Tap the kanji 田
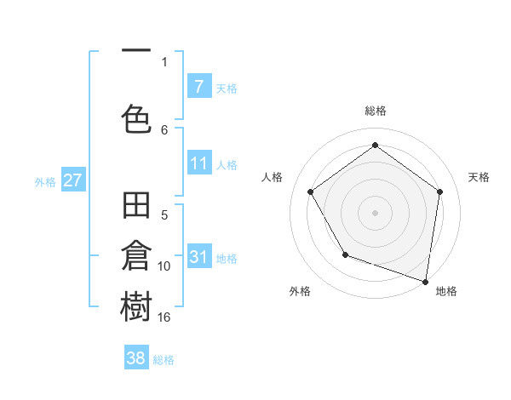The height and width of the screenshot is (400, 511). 136,206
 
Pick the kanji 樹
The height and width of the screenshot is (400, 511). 136,306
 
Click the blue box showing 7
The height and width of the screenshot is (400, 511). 198,86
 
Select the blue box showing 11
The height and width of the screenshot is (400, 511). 198,163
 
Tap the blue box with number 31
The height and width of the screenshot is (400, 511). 198,257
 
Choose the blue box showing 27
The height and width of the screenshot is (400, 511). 72,180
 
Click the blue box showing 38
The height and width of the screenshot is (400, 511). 136,358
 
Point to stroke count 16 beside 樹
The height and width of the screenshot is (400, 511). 164,317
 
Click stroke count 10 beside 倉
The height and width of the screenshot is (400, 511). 164,266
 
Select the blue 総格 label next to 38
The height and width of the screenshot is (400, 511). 164,360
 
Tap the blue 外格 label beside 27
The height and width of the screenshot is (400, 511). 45,181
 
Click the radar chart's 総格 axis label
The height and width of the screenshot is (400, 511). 376,111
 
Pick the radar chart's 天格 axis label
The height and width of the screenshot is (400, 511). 479,177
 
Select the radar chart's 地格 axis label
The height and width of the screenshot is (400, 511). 446,291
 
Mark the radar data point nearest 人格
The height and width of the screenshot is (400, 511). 311,191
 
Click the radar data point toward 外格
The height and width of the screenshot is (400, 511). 345,254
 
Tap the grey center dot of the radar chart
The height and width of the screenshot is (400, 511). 376,212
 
